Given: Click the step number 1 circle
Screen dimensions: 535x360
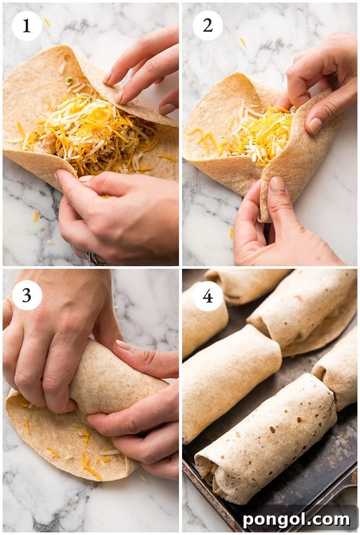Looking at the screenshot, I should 27,26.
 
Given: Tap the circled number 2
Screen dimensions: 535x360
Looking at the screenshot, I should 208,26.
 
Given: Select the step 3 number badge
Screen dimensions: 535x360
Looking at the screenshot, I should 27,295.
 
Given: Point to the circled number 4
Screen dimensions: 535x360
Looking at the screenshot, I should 208,296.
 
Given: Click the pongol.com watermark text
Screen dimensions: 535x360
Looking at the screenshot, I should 296,520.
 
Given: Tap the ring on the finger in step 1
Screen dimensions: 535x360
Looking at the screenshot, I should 95,259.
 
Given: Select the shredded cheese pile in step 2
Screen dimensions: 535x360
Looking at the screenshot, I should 257,131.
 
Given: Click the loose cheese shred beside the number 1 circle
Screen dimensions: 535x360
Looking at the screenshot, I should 47,22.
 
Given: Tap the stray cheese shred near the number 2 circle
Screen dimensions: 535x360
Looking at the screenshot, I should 242,42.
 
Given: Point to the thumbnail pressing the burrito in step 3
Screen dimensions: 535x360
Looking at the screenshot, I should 123,345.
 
